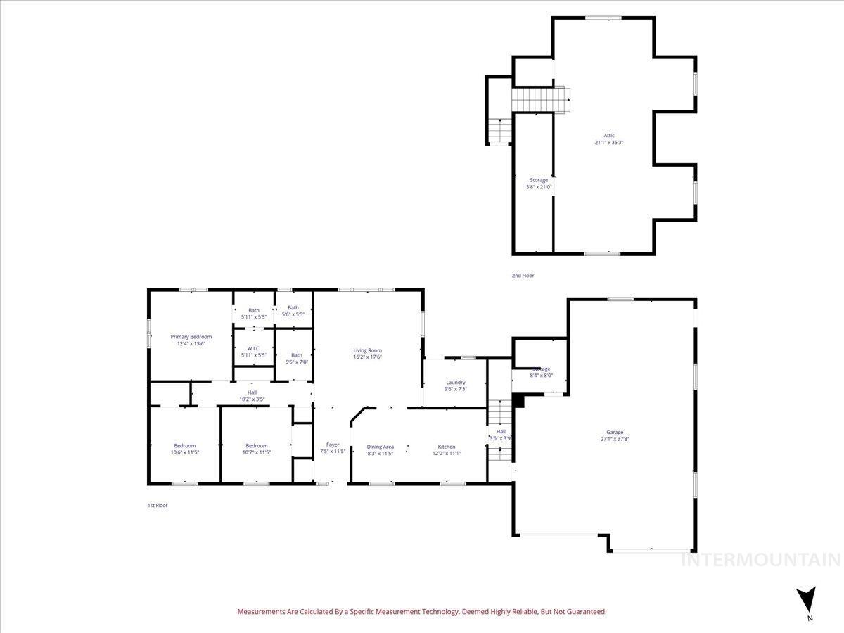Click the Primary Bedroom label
tap(191, 337)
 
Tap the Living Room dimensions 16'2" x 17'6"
tap(367, 357)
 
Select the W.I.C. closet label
tap(253, 348)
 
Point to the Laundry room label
tap(456, 383)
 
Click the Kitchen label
tap(447, 447)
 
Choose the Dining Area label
tap(380, 447)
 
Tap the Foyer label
tap(333, 445)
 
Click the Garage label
tap(615, 433)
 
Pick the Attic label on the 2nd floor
tap(609, 136)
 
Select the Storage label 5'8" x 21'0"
tap(539, 180)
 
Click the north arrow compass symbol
tap(810, 601)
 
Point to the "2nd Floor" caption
tap(523, 276)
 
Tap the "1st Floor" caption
tap(157, 505)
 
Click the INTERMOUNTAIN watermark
tap(761, 560)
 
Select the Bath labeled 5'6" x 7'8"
tap(296, 355)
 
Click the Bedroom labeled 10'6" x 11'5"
tap(185, 445)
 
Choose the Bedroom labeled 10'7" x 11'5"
tap(256, 445)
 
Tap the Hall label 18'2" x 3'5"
tap(251, 392)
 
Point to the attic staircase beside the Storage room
tap(539, 99)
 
